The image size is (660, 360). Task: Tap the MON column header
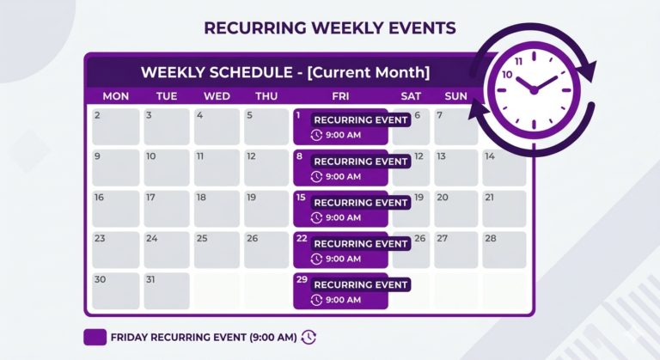pos(115,95)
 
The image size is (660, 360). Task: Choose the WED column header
pos(217,95)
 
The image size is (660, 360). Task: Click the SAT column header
pos(411,95)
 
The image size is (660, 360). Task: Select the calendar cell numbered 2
pos(115,126)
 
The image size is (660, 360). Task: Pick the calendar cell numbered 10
pos(166,168)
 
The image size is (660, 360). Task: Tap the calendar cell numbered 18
pos(217,209)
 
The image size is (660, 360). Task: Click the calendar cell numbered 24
pos(166,249)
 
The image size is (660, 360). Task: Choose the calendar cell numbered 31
pos(166,290)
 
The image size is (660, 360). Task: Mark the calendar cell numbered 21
pos(504,209)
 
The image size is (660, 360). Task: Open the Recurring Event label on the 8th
pos(360,162)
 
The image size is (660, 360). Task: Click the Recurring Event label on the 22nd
pos(360,244)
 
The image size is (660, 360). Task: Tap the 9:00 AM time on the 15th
pos(343,217)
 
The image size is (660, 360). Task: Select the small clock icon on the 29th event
pos(316,300)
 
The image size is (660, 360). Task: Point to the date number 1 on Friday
pos(298,115)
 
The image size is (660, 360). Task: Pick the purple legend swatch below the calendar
pos(95,338)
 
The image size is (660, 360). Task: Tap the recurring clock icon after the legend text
pos(309,338)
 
